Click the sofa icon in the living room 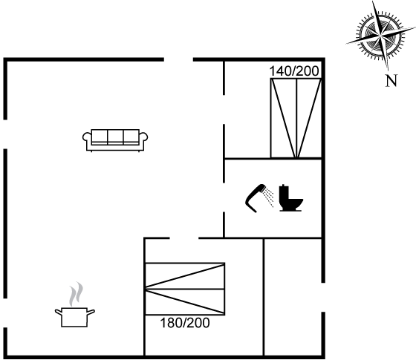point(115,140)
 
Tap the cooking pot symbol point(74,317)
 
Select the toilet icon point(290,198)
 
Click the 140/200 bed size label point(294,71)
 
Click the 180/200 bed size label point(185,323)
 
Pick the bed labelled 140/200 point(296,118)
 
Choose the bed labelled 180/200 point(185,289)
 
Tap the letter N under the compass point(391,81)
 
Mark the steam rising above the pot point(76,294)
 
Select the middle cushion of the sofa point(115,137)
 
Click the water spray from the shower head point(269,197)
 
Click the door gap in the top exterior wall point(178,59)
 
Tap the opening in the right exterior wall point(323,297)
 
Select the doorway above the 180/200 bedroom point(184,238)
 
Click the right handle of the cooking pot point(91,312)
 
